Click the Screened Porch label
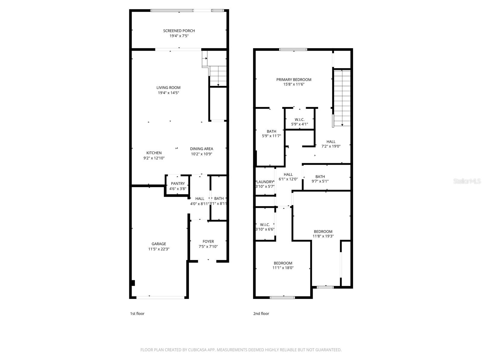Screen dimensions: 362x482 [x=179, y=31]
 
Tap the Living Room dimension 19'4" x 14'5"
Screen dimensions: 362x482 [x=168, y=93]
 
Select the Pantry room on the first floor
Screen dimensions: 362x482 [x=178, y=186]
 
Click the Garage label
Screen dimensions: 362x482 [x=159, y=244]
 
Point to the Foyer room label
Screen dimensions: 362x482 [x=208, y=241]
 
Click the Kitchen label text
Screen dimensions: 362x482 [x=154, y=153]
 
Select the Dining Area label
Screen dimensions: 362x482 [x=202, y=149]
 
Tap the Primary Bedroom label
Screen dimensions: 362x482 [x=294, y=80]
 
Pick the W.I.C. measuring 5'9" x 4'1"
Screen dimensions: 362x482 [x=299, y=122]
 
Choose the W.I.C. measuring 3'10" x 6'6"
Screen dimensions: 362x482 [x=265, y=227]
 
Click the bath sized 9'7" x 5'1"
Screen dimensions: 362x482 [x=320, y=179]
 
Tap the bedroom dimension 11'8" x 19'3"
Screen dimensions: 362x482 [x=323, y=237]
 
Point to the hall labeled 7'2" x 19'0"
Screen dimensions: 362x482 [x=331, y=144]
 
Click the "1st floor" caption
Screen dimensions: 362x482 [x=137, y=313]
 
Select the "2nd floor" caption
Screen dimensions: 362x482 [x=261, y=313]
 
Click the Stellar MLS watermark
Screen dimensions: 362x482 [x=467, y=181]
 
